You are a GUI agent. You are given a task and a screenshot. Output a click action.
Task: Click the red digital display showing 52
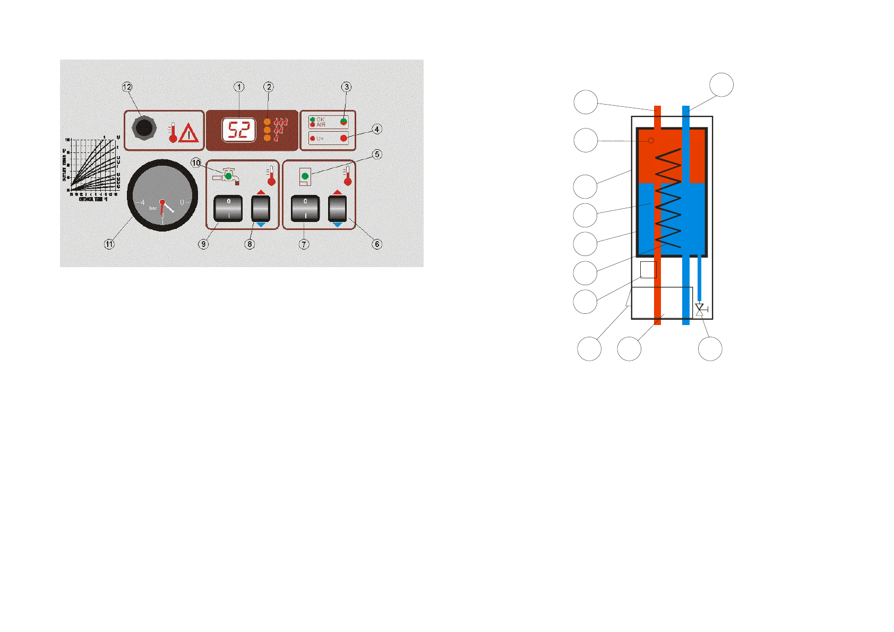pos(238,130)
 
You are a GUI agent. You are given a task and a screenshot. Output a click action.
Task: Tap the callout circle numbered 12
pos(127,87)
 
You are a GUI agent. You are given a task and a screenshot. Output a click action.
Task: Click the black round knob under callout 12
pos(143,129)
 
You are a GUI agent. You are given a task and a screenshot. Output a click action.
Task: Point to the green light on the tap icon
pos(228,175)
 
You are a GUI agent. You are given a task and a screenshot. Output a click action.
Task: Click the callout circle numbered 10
pos(196,163)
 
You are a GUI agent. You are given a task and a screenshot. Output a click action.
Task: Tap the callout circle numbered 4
pos(376,129)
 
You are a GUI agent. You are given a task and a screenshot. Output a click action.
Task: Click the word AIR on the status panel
pos(321,124)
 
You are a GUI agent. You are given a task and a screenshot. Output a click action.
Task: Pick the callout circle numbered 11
pos(109,244)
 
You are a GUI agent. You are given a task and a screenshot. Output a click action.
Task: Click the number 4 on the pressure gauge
pos(142,202)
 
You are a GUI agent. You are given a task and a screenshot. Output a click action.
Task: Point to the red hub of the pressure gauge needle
pos(162,202)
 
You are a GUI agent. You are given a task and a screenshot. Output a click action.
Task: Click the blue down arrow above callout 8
pos(261,225)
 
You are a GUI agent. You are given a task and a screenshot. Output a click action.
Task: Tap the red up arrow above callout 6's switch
pos(337,192)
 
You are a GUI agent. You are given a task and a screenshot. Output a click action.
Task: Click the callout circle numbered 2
pos(269,87)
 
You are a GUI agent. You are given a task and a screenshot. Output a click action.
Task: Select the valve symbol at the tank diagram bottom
pos(700,310)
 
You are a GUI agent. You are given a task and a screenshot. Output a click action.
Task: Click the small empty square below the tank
pos(648,269)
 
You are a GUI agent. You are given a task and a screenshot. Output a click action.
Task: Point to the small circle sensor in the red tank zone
pos(651,141)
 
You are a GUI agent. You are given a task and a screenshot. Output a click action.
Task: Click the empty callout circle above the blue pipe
pos(721,84)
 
